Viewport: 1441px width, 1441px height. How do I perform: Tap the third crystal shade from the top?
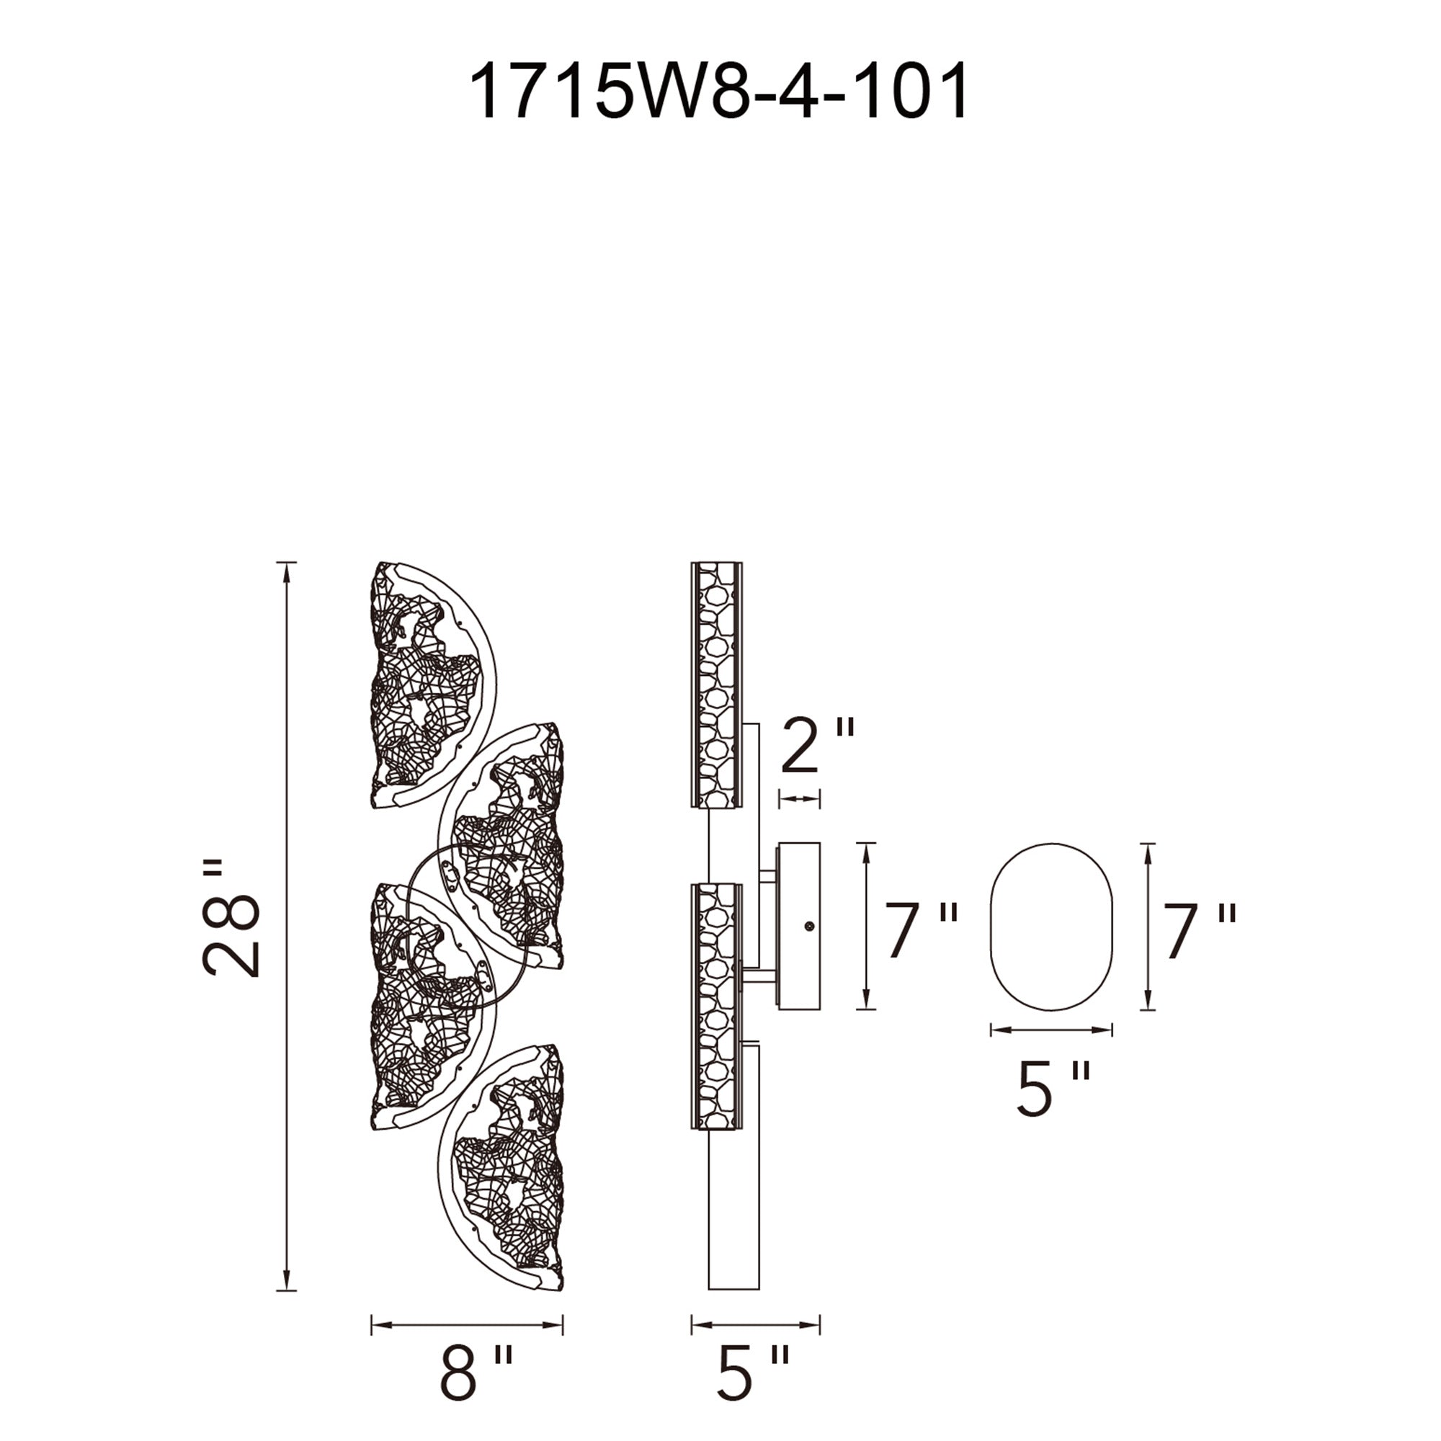pos(425,1007)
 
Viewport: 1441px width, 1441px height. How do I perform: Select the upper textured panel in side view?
pos(717,684)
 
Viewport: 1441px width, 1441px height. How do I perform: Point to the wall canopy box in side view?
pos(799,927)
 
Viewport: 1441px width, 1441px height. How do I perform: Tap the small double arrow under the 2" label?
pos(799,800)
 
